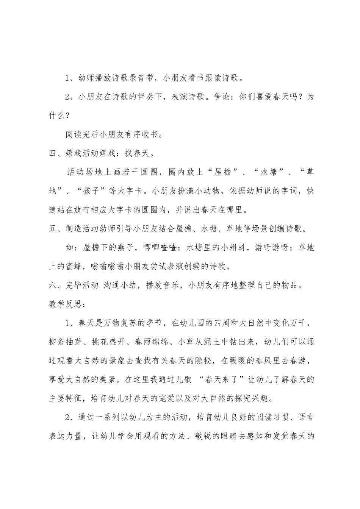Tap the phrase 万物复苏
[x=116, y=323]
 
